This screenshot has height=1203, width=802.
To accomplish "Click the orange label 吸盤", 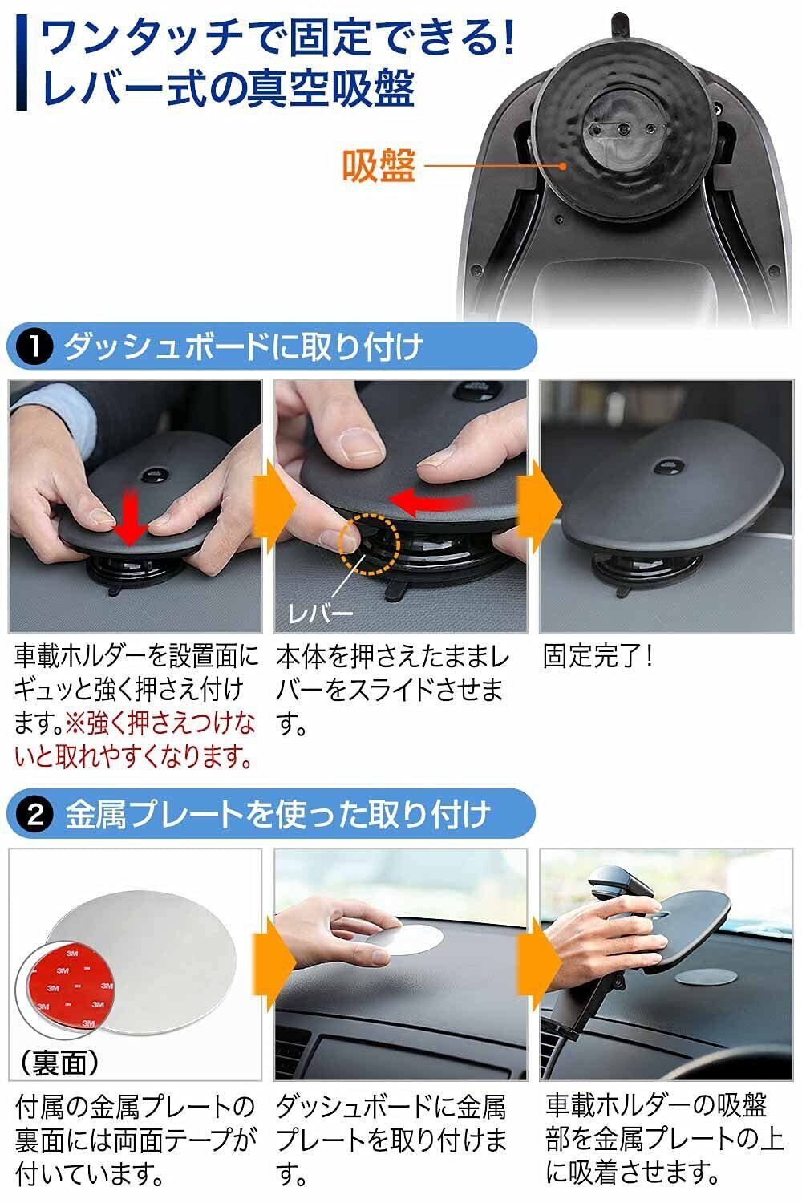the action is [379, 166].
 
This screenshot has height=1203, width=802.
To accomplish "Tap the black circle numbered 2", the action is [34, 815].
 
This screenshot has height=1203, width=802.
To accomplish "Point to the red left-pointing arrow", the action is [431, 500].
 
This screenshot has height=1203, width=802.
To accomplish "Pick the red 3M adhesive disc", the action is [74, 988].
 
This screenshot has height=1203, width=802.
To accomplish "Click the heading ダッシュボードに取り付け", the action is [242, 346].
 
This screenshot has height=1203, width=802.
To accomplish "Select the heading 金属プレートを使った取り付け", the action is [277, 815].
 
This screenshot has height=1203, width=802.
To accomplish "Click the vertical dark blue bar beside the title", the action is [22, 63].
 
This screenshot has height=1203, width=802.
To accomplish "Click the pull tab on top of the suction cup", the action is [620, 26].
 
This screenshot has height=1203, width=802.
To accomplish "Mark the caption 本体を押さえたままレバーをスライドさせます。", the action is [391, 691].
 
